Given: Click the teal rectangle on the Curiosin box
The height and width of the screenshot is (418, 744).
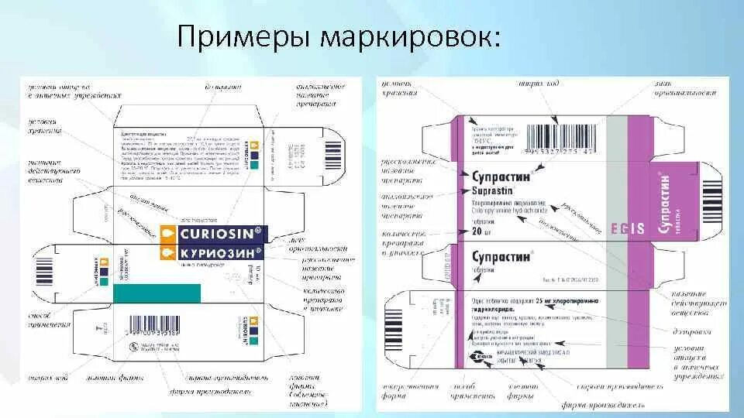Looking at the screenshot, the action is click(157, 293).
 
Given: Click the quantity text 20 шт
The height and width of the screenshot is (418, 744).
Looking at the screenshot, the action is click(481, 231).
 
